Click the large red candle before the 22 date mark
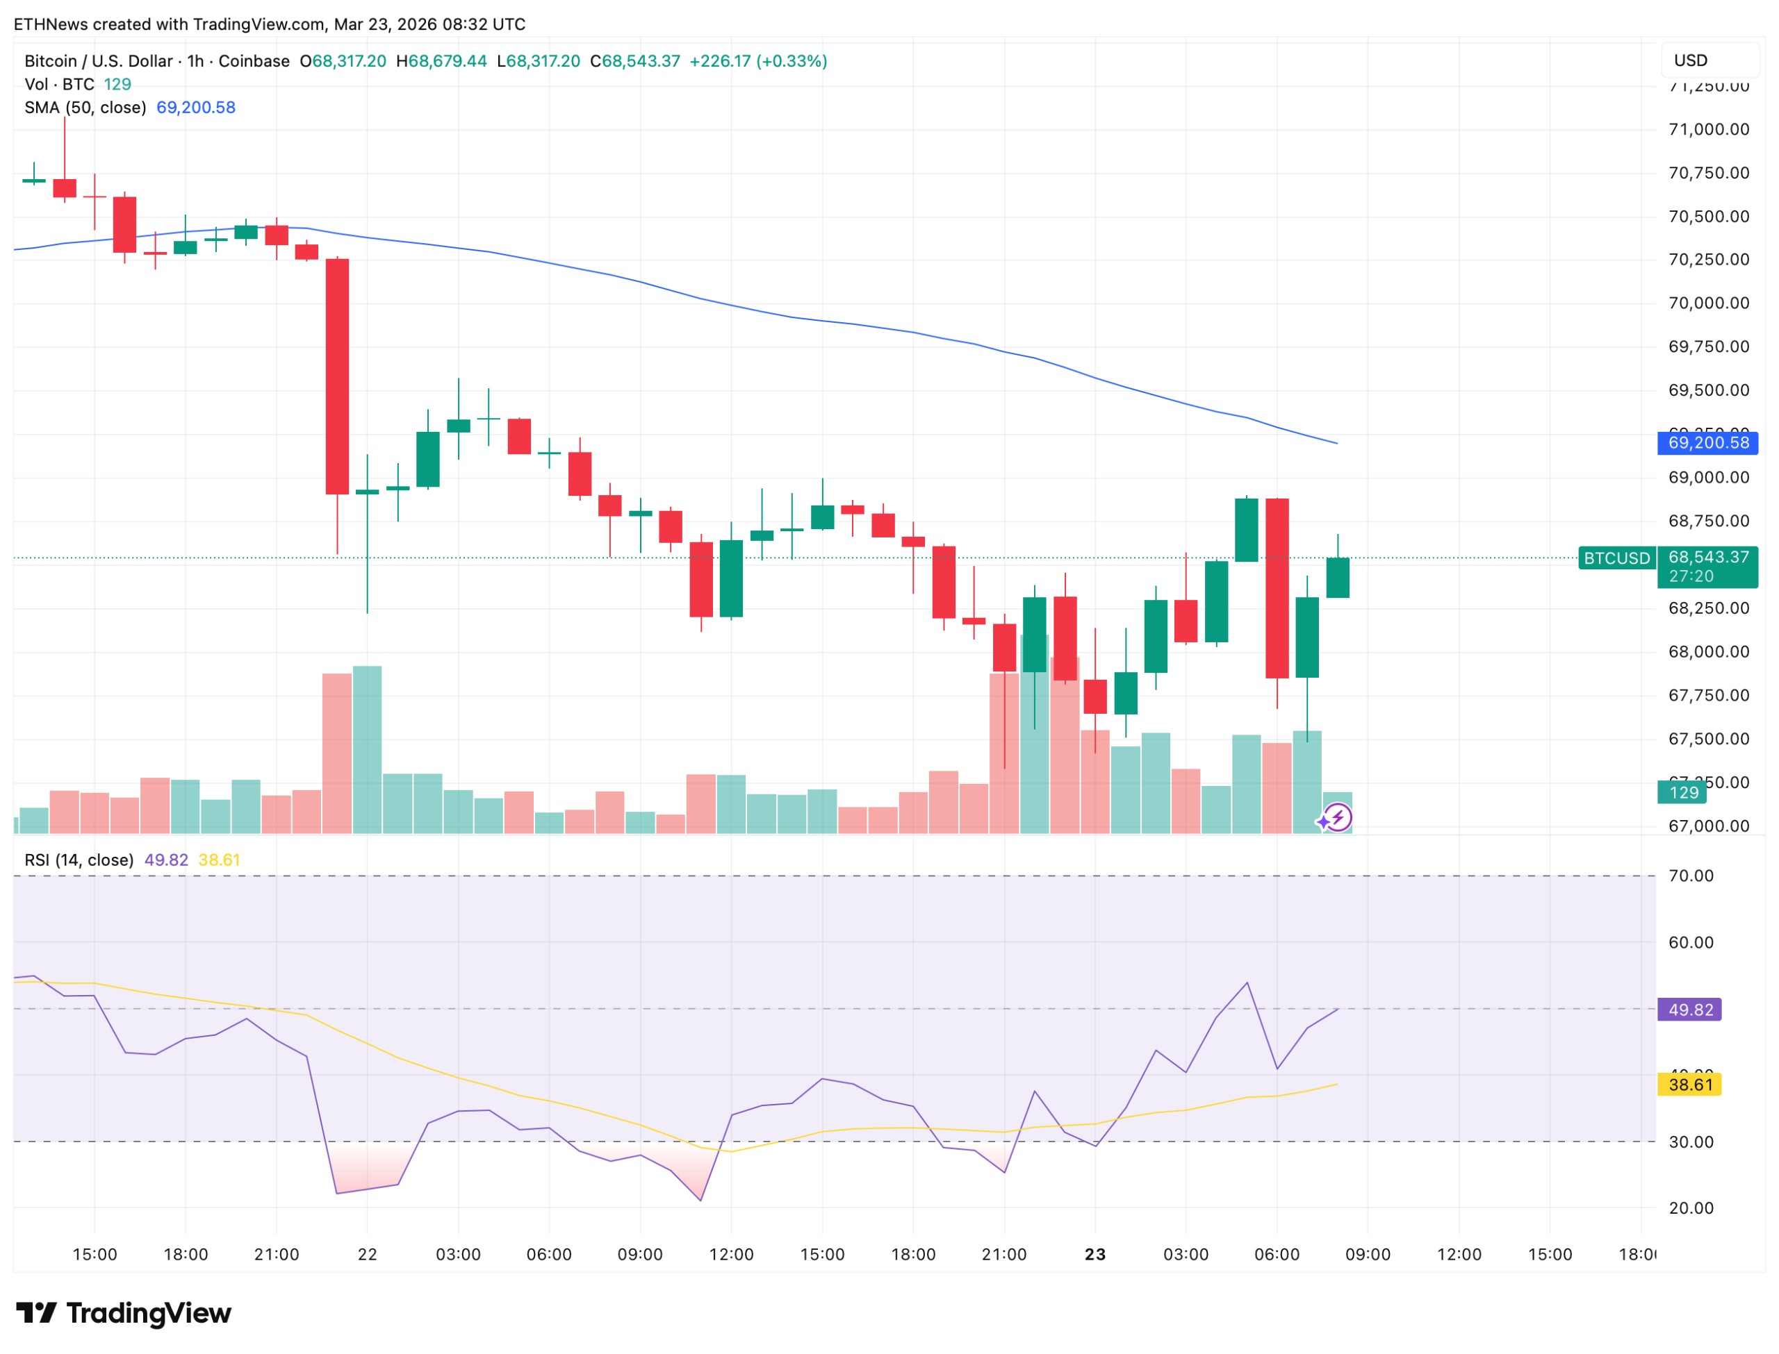click(337, 376)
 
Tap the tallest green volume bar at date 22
click(367, 749)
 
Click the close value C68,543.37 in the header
click(634, 61)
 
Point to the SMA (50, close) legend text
click(85, 107)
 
